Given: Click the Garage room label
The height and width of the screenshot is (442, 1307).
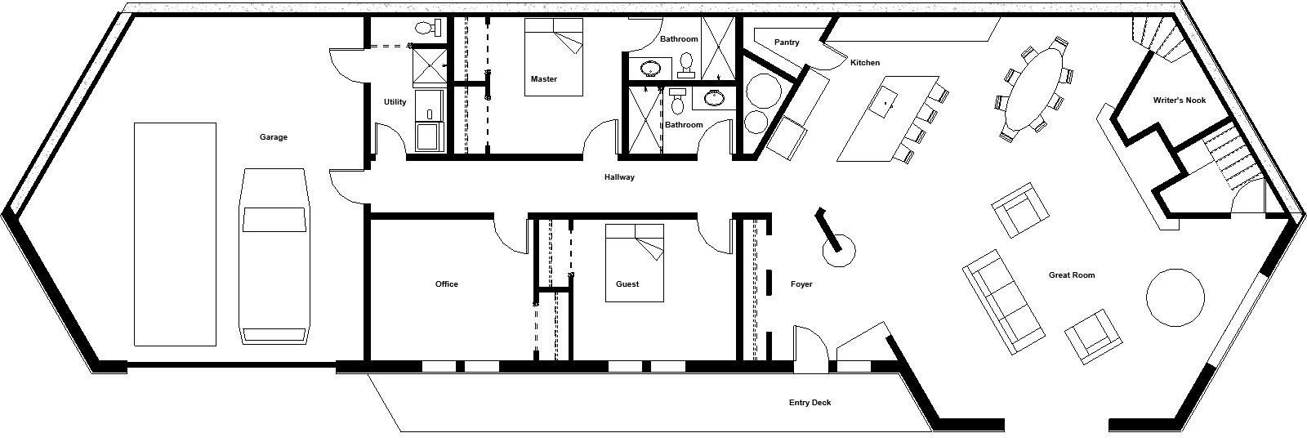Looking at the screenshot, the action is (273, 137).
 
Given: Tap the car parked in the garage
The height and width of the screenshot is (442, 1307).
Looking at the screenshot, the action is (274, 256).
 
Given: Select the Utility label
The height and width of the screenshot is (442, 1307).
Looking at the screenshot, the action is (395, 101).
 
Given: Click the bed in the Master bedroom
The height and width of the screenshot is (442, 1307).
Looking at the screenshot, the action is (553, 56).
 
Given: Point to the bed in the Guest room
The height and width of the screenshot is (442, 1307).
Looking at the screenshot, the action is (634, 263).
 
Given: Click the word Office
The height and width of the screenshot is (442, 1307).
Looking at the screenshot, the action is (446, 284).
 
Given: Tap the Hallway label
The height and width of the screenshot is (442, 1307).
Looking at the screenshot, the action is (619, 177).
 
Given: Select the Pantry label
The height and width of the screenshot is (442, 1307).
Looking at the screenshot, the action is (787, 42).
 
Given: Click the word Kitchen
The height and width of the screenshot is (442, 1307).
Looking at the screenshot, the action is (865, 62).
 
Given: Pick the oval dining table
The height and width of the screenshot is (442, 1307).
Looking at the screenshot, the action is (1033, 88).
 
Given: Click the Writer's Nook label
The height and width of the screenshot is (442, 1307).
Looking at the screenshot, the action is (1180, 100).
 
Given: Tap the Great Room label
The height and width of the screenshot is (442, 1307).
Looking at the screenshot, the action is (1072, 275).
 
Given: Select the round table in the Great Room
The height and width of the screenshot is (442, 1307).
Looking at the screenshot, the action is (1175, 297).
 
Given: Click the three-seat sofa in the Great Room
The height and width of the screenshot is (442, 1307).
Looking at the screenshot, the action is (1003, 301).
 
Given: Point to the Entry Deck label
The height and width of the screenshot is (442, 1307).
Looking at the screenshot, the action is (810, 402).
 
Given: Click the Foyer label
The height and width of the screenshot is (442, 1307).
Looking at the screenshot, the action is (801, 284).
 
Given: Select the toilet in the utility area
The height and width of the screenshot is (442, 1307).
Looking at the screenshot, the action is (426, 26).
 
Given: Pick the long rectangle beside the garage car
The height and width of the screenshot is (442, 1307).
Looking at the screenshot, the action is (175, 234).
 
